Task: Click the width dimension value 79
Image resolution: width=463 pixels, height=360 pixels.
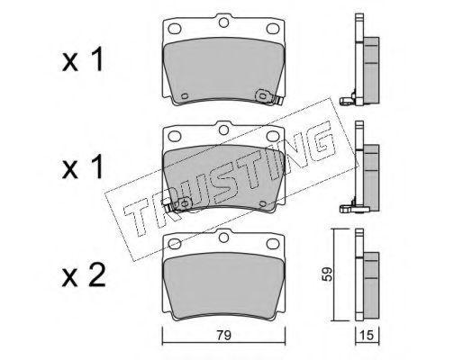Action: pos(224,335)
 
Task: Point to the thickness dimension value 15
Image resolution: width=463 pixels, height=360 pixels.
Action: pos(367,335)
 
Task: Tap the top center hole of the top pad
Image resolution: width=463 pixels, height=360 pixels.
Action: pos(223,22)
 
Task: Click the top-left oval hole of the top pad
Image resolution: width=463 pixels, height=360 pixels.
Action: pos(175,29)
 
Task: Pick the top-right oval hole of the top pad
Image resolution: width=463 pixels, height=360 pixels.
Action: pos(273,29)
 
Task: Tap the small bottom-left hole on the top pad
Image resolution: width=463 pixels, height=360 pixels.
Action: pos(185,96)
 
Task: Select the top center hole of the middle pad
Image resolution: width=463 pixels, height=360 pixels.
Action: pos(223,130)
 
